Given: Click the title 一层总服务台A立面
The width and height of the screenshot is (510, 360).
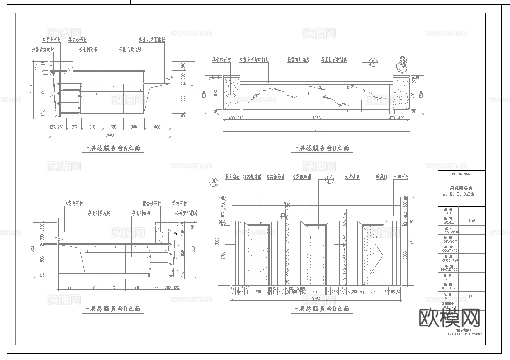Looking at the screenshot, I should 113,148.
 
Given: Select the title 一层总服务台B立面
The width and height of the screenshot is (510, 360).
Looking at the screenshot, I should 321,148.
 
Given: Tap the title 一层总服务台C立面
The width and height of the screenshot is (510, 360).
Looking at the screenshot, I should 112,309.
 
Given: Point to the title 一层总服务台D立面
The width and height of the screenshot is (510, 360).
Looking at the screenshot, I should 321,309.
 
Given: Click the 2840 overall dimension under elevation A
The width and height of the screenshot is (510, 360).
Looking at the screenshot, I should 109,135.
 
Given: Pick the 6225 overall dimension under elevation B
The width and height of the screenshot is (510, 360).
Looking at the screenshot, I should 316,130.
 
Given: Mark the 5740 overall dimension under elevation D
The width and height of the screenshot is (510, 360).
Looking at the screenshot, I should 316,298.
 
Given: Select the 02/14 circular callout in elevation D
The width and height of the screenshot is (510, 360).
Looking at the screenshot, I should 330,180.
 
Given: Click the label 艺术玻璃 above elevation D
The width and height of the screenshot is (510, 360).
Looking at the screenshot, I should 352,177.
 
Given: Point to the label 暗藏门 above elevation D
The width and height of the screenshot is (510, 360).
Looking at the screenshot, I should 382,177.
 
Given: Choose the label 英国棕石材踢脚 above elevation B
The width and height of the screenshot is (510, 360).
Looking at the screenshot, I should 334,60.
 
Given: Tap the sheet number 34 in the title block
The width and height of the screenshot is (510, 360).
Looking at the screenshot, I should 470,296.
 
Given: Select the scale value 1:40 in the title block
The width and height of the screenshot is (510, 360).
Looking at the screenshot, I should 470,221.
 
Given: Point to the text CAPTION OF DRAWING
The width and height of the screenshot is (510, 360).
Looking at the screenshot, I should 465,333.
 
